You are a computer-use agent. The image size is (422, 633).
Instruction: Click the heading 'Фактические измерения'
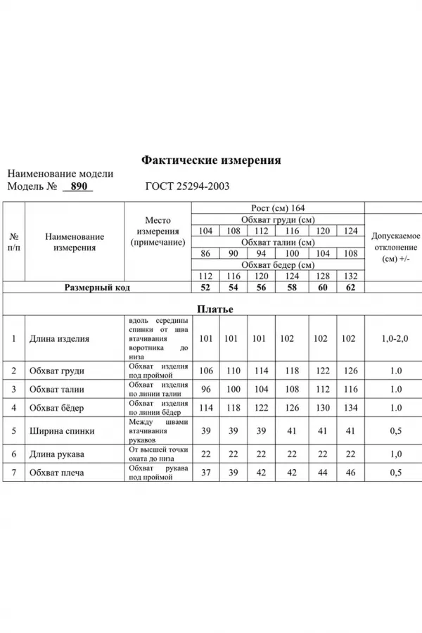tap(211, 160)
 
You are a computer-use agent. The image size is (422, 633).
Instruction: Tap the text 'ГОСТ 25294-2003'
tap(186, 187)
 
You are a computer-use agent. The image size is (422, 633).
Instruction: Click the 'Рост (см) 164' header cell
tap(278, 208)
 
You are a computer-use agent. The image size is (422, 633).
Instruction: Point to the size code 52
tap(206, 288)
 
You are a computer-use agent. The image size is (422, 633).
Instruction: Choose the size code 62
tap(350, 288)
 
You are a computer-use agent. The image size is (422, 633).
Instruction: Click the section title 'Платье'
tap(215, 309)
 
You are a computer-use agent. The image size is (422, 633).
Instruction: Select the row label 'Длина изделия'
tap(59, 338)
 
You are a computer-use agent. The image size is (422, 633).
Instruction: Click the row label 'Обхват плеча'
tap(56, 473)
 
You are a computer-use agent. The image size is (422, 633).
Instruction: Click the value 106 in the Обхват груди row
tap(206, 371)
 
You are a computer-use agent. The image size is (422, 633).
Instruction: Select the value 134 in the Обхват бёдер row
tap(350, 408)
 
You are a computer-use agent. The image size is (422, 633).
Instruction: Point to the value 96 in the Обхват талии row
tap(206, 389)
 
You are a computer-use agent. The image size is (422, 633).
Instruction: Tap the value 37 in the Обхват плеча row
tap(206, 473)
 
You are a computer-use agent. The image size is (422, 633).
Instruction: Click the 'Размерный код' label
tap(97, 288)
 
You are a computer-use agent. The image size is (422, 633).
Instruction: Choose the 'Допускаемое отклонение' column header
tap(395, 248)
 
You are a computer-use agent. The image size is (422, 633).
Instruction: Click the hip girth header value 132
tap(350, 276)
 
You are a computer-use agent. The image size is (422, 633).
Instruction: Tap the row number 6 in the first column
tap(14, 454)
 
